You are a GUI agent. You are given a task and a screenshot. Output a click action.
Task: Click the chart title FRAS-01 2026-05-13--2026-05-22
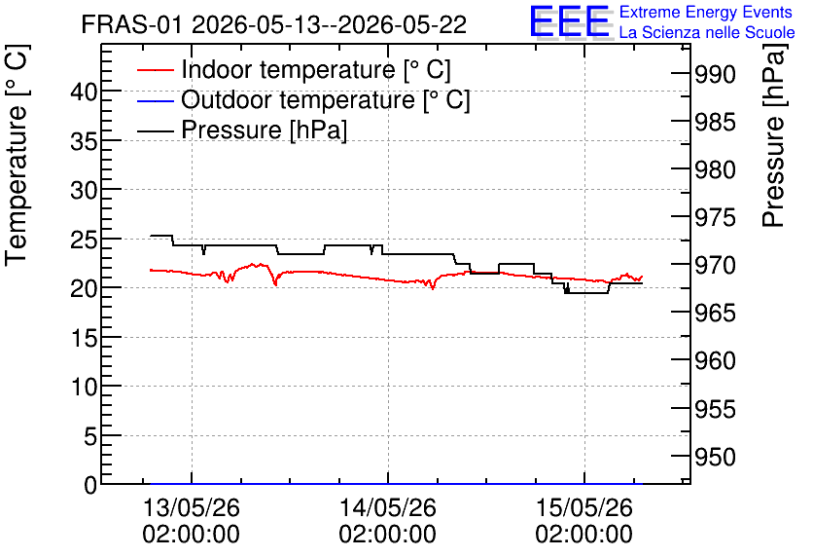point(274,24)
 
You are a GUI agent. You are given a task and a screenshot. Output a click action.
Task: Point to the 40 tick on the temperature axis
point(84,93)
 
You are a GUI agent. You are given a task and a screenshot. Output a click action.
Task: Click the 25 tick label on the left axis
point(84,240)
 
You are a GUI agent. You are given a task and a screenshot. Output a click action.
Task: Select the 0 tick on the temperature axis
point(90,485)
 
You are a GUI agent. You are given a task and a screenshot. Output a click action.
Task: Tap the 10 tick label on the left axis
point(84,388)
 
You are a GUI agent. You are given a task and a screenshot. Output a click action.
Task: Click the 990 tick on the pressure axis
point(715,75)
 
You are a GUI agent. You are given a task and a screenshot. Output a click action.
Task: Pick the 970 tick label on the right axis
point(715,265)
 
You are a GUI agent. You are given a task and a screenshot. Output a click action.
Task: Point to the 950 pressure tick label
point(715,458)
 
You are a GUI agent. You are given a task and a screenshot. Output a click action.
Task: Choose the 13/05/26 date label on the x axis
point(192,507)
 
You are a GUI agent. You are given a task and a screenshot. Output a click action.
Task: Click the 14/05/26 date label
point(388,507)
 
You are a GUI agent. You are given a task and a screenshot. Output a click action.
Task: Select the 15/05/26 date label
point(584,507)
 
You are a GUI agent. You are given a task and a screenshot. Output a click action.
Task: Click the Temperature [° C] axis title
point(17,156)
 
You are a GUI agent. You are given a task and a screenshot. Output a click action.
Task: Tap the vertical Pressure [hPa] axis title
point(773,135)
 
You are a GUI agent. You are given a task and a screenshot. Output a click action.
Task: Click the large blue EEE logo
point(569,21)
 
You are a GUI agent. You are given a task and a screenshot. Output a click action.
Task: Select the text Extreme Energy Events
point(706,12)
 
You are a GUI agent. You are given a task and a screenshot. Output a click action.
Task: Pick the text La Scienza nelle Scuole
point(707,32)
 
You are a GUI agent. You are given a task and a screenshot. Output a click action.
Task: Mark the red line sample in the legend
point(155,70)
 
